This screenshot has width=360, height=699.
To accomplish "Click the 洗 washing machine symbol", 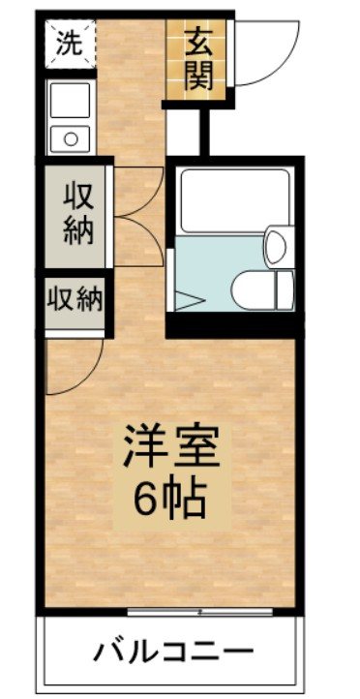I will pyautogui.click(x=68, y=43).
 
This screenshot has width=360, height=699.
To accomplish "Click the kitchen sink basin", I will pyautogui.click(x=69, y=100).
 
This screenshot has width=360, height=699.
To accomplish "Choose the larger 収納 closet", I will pyautogui.click(x=79, y=213).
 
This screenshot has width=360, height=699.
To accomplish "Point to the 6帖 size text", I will pyautogui.click(x=171, y=501).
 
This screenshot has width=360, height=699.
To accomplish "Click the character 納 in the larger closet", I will pyautogui.click(x=79, y=231).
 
